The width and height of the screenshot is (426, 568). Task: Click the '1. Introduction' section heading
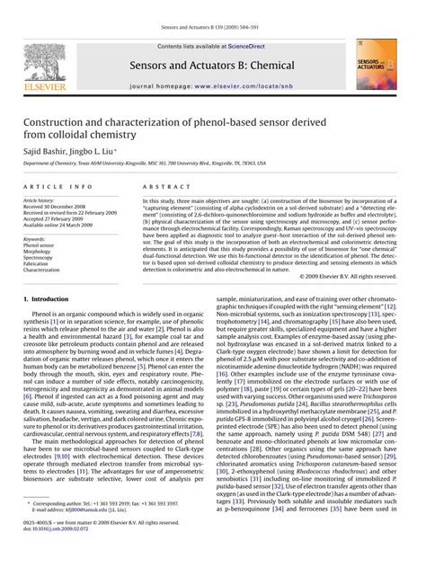pos(51,297)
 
